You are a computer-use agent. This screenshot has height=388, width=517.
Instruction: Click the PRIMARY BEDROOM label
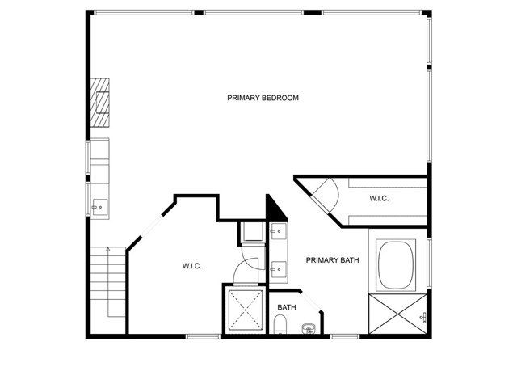click(x=263, y=98)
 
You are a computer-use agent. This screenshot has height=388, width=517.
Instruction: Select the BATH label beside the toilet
click(x=287, y=307)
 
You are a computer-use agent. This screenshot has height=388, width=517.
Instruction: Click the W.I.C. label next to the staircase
click(x=191, y=266)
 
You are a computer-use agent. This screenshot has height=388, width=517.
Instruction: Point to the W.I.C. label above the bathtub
click(x=380, y=198)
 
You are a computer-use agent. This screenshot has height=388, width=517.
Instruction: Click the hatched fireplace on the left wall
click(x=99, y=103)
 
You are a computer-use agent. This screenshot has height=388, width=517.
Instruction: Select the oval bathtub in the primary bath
click(x=397, y=266)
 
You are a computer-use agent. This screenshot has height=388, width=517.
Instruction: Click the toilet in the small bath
click(x=280, y=326)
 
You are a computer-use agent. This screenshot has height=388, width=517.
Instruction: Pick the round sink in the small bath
click(x=308, y=328)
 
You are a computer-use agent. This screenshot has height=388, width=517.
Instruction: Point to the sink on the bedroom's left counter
click(x=99, y=207)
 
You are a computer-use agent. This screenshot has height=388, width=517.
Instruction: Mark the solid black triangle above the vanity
click(x=275, y=209)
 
